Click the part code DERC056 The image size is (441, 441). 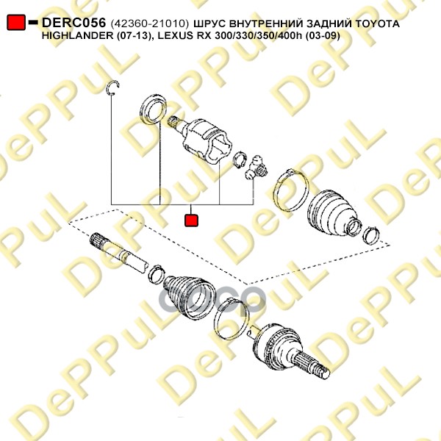click(x=73, y=23)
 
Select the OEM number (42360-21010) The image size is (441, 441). click(x=150, y=24)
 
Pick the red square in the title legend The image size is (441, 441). click(x=16, y=22)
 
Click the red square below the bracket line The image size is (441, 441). click(x=191, y=220)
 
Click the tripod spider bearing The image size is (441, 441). click(x=255, y=168)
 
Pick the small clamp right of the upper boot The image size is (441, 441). click(x=371, y=236)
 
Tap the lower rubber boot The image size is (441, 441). click(x=189, y=297)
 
